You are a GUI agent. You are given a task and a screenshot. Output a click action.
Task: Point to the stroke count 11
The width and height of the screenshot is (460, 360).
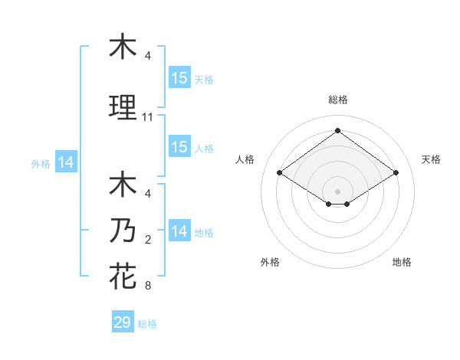point(148,117)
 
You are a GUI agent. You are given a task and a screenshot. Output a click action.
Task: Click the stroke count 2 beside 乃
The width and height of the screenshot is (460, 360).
point(148,240)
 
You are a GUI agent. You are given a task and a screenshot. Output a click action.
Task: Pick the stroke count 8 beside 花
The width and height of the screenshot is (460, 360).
point(148,286)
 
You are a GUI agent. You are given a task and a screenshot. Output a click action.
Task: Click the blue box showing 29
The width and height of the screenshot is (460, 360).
point(123,322)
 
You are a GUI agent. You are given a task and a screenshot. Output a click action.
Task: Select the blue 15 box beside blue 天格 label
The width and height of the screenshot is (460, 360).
point(179,78)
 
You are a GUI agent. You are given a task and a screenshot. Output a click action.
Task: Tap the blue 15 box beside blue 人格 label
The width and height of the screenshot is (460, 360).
point(179,147)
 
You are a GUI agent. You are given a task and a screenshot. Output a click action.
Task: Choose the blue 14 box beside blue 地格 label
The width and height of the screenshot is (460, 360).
point(179,231)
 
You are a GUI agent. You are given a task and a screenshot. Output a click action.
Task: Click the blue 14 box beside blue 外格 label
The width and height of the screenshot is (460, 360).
point(65,162)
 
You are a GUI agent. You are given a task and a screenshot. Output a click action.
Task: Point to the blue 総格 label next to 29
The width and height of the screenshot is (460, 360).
point(147,324)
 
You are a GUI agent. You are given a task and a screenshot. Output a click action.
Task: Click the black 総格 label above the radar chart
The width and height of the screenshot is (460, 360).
point(338,100)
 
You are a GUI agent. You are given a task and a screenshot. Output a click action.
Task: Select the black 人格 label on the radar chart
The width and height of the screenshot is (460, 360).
point(245,159)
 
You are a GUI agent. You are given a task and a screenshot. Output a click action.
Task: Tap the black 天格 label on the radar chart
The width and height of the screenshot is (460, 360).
point(431,159)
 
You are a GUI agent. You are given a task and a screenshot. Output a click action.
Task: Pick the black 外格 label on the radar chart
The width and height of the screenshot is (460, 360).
point(270,263)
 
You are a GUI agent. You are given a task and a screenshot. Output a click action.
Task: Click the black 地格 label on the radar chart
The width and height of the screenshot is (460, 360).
point(402,263)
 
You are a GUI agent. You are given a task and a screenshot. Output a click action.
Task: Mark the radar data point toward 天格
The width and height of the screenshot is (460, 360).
point(396,173)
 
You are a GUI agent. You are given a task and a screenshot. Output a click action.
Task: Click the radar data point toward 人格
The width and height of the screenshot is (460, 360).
point(280,173)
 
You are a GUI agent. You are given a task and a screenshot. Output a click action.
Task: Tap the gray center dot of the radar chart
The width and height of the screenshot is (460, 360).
point(337,191)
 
